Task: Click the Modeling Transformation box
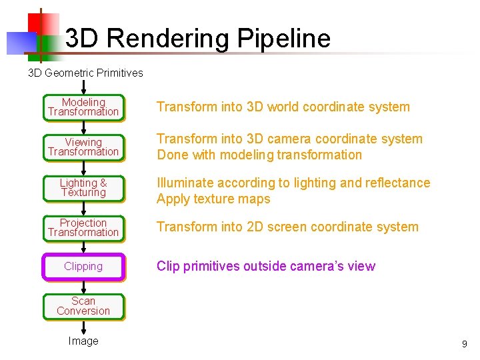pyautogui.click(x=83, y=107)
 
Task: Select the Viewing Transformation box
pyautogui.click(x=83, y=147)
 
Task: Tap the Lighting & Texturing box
pyautogui.click(x=83, y=187)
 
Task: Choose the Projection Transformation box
pyautogui.click(x=83, y=227)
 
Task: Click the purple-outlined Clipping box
pyautogui.click(x=83, y=267)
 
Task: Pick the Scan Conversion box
pyautogui.click(x=83, y=306)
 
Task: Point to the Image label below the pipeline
pyautogui.click(x=83, y=341)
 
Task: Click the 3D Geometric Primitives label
pyautogui.click(x=85, y=73)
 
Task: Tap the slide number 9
pyautogui.click(x=464, y=345)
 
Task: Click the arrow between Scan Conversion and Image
pyautogui.click(x=83, y=327)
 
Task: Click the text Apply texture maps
pyautogui.click(x=213, y=199)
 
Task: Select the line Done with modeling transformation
pyautogui.click(x=259, y=155)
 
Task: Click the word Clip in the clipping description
pyautogui.click(x=168, y=266)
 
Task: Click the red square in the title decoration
pyautogui.click(x=41, y=22)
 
